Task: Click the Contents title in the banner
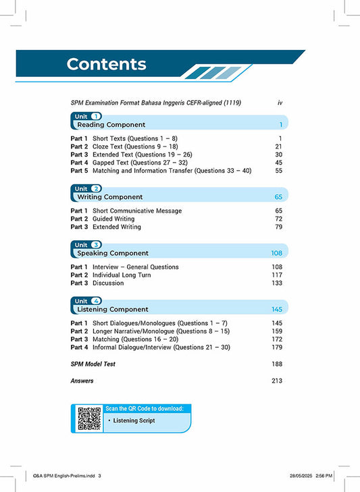click(x=106, y=64)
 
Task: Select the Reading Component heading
click(x=111, y=125)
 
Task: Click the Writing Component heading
click(x=109, y=197)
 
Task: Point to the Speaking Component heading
click(x=113, y=253)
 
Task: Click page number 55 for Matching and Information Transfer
click(x=277, y=171)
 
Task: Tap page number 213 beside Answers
click(x=276, y=381)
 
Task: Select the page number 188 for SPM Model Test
click(x=276, y=364)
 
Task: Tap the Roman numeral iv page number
click(x=280, y=103)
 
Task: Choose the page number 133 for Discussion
click(x=276, y=283)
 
